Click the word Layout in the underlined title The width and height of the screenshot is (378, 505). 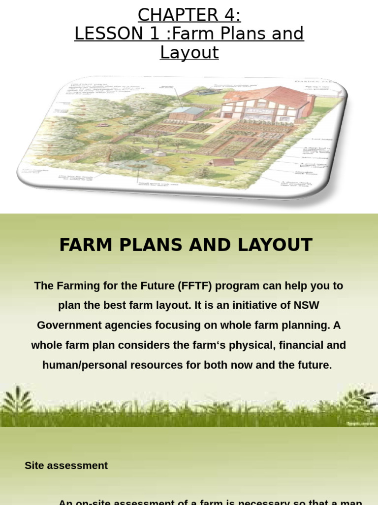coord(189,52)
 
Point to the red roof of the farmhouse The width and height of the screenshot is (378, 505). coord(276,97)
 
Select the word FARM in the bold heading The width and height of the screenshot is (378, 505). coord(85,245)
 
